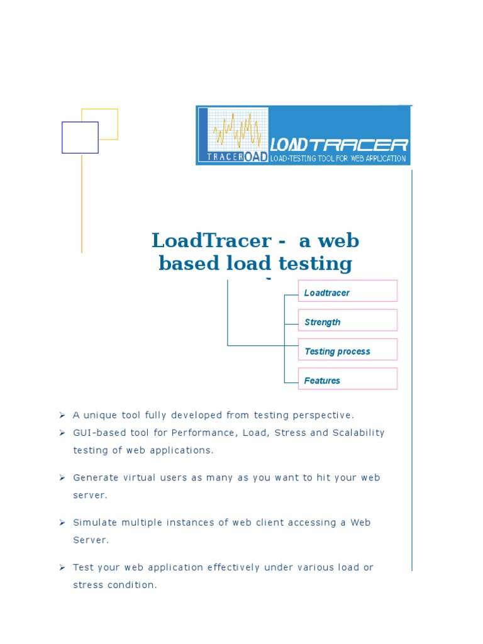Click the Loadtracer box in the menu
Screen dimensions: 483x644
[347, 291]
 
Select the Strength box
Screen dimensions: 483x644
[347, 320]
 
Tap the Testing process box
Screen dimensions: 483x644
[347, 350]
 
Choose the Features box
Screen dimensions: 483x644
[347, 379]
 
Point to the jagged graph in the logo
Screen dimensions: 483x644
[237, 130]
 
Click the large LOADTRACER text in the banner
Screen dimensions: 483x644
[339, 145]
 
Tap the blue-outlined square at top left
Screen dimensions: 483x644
[80, 138]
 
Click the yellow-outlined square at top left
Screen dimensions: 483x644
[108, 116]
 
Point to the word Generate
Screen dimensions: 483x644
[95, 477]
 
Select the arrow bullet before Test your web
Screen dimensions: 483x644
[62, 567]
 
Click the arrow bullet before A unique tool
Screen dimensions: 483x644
[62, 415]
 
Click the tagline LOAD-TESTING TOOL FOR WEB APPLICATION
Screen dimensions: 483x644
[338, 158]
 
